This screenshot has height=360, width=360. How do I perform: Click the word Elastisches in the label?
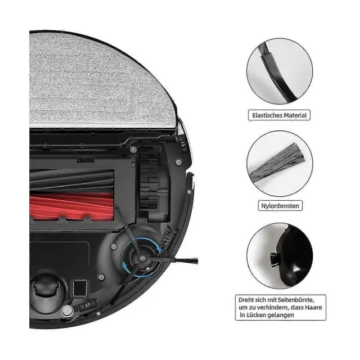click(x=267, y=115)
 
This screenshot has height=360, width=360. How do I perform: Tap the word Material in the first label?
click(x=295, y=115)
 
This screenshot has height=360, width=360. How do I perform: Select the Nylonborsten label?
click(x=280, y=205)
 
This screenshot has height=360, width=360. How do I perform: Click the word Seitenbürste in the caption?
click(x=296, y=300)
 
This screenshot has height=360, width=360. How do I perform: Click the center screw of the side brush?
click(x=142, y=258)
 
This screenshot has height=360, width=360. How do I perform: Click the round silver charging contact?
click(x=67, y=311)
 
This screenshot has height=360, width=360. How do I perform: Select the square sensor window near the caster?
click(x=80, y=288)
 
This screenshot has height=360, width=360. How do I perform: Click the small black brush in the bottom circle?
click(x=274, y=259)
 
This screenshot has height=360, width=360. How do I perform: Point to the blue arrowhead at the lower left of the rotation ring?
click(x=125, y=267)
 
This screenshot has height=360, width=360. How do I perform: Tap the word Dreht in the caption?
click(x=246, y=300)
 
